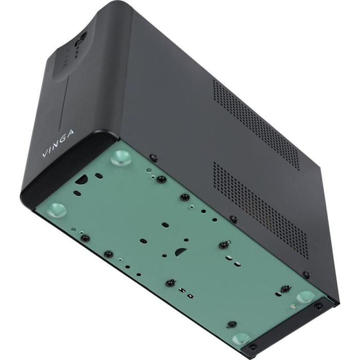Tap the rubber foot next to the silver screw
pos(305,297)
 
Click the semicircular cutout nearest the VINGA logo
pos(82,180)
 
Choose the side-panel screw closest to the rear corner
pos(307,274)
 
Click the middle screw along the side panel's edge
pos(233,218)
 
